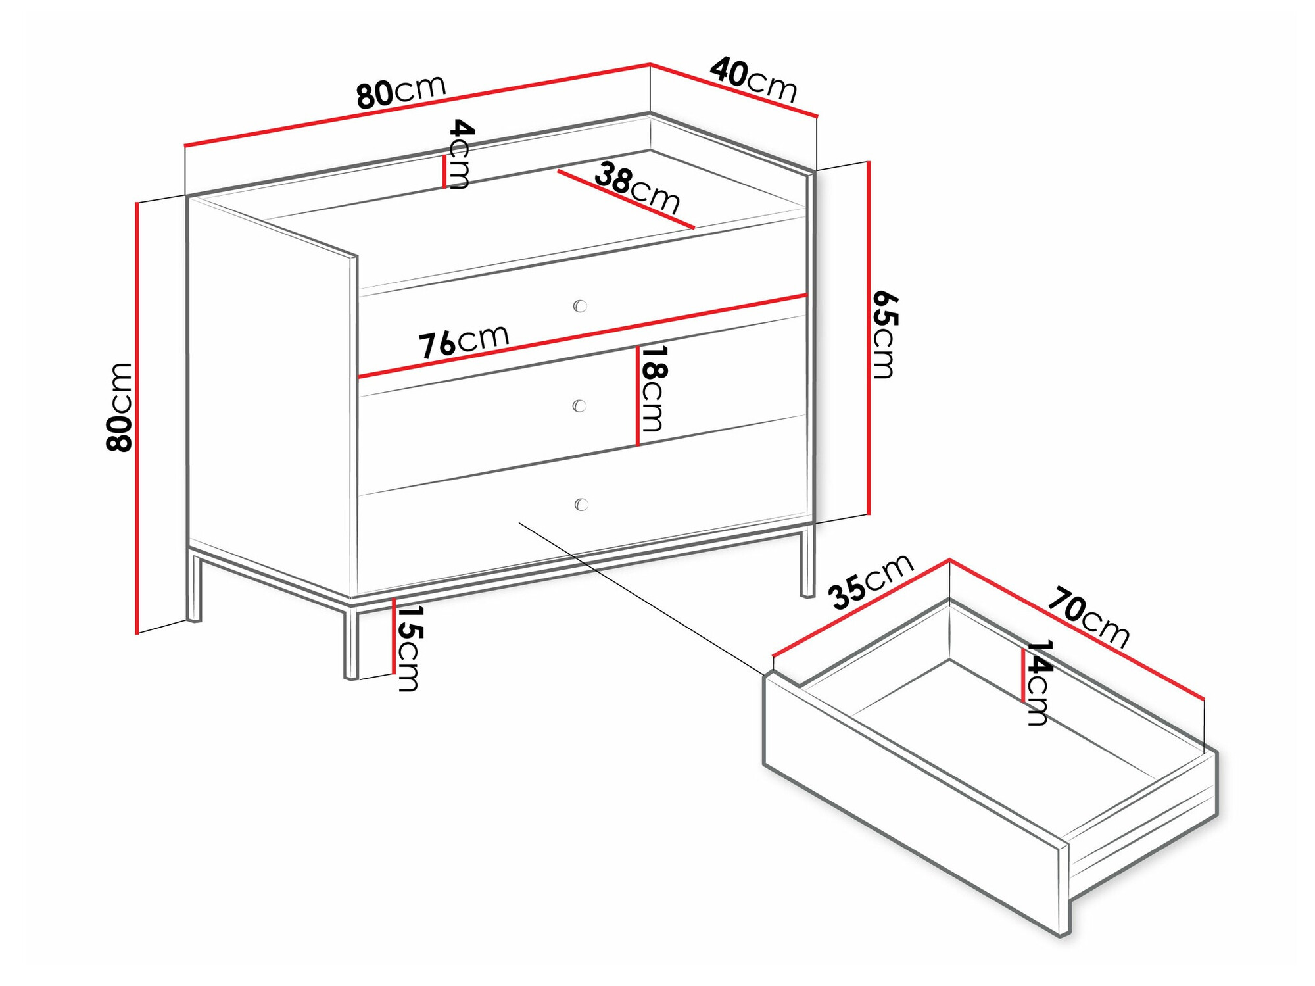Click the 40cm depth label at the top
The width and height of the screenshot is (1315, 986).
(753, 79)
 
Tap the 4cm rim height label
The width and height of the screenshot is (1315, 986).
(460, 154)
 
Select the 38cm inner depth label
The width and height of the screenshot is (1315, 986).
(636, 188)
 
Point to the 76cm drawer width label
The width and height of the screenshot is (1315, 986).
(464, 341)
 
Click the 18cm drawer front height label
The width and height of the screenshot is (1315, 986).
(654, 388)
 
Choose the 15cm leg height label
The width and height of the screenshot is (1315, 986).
(408, 649)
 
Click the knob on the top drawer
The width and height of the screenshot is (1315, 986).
(580, 306)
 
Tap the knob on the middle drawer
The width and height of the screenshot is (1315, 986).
(579, 406)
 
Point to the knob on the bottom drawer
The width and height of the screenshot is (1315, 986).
(581, 505)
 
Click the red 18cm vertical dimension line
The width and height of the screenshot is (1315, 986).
(637, 396)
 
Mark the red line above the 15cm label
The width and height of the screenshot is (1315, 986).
(394, 636)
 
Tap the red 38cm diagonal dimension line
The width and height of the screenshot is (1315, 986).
(626, 199)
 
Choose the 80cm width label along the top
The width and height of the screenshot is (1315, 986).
(402, 91)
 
